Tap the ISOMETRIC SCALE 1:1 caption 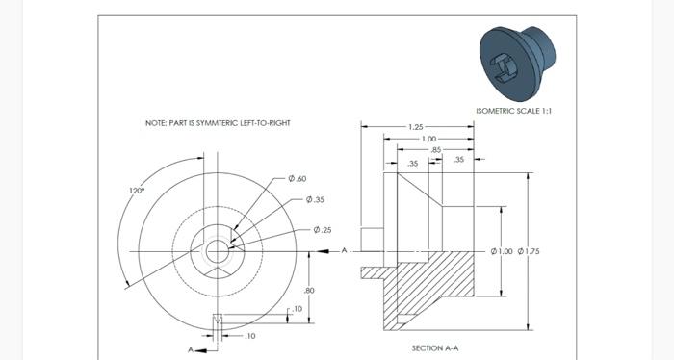(x=514, y=111)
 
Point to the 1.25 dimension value (x=416, y=127)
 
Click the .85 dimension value (x=436, y=150)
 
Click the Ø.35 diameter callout (x=315, y=200)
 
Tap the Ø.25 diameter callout (x=322, y=230)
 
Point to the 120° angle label (x=137, y=191)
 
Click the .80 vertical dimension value (x=309, y=290)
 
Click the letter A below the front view (x=191, y=349)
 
